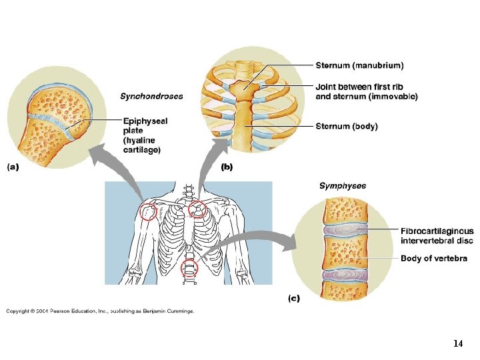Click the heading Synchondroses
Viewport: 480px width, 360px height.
(151, 96)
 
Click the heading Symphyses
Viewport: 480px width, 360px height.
(343, 186)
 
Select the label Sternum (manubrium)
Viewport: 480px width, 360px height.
(359, 65)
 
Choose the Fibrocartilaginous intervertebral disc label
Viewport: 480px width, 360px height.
(437, 235)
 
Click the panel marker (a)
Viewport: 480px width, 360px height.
(13, 167)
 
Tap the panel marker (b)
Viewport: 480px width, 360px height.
(227, 167)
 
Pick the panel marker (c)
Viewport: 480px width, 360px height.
(294, 298)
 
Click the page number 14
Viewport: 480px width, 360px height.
(457, 344)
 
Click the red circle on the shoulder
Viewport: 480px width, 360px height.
(149, 213)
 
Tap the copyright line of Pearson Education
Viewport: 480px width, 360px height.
(100, 311)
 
